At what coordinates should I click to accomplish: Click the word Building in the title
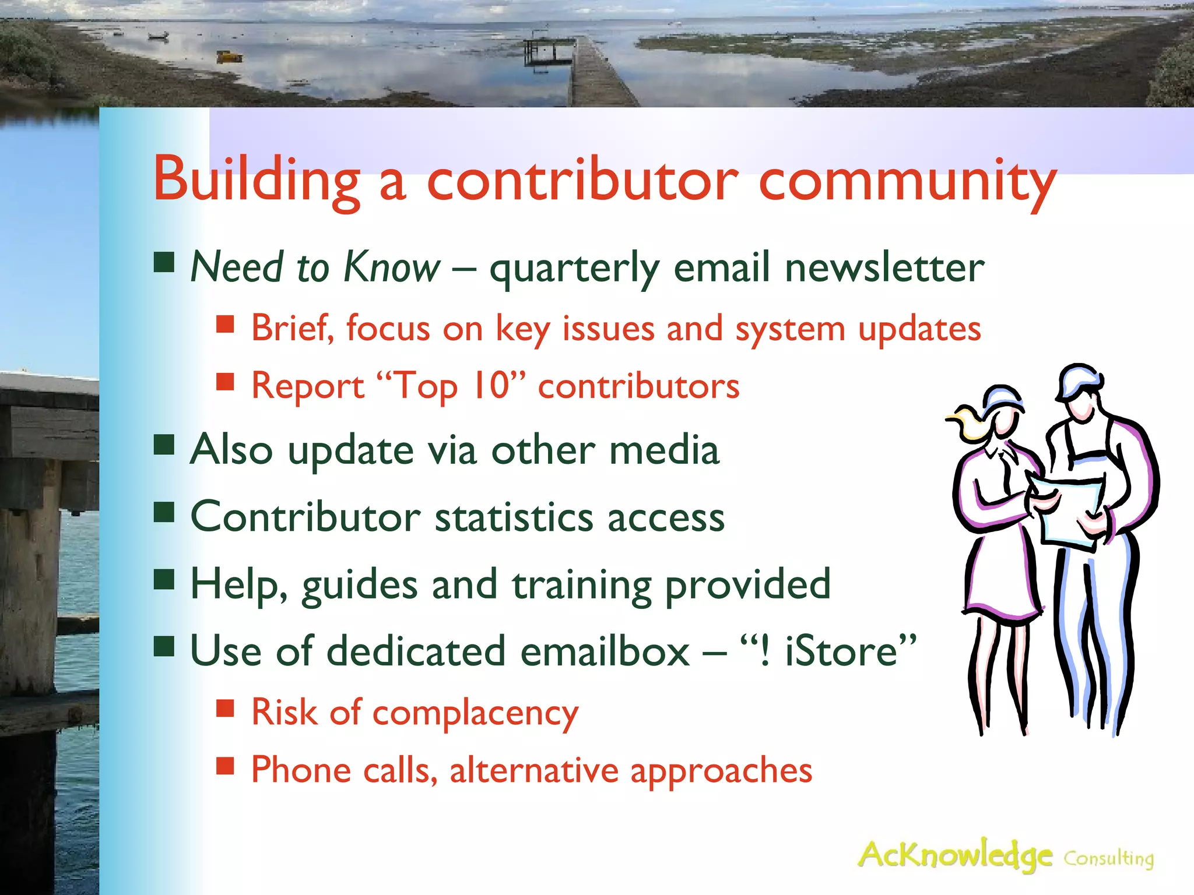[x=257, y=179]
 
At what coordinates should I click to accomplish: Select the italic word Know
[x=392, y=267]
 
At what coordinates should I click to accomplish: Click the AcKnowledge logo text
[x=955, y=855]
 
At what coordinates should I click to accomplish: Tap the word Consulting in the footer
[x=1108, y=858]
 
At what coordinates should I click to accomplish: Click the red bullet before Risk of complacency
[x=225, y=708]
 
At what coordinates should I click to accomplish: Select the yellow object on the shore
[x=230, y=57]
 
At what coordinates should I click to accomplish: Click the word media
[x=663, y=450]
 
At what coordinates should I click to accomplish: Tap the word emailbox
[x=605, y=651]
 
